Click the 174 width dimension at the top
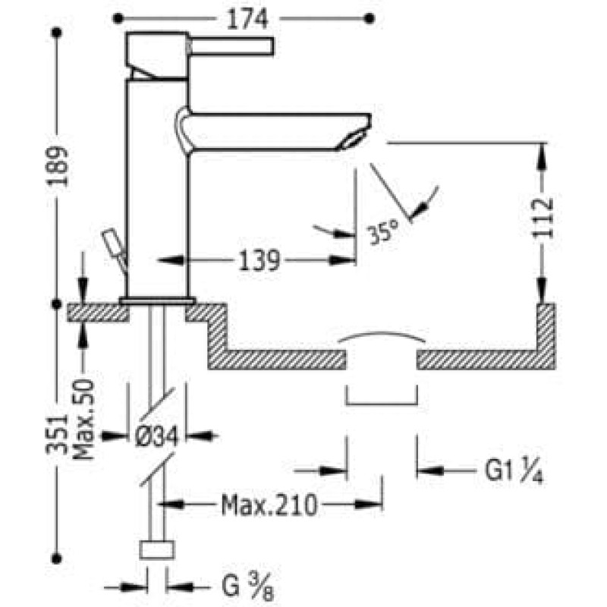pos(247,19)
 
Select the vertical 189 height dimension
pos(58,166)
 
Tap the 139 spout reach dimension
pos(259,260)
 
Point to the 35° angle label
pos(382,231)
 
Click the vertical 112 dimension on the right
pos(543,218)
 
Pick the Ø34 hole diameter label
pos(157,436)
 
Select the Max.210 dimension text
pos(269,505)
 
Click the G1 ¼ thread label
pos(514,470)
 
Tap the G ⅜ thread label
pos(248,587)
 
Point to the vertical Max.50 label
pos(84,420)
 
